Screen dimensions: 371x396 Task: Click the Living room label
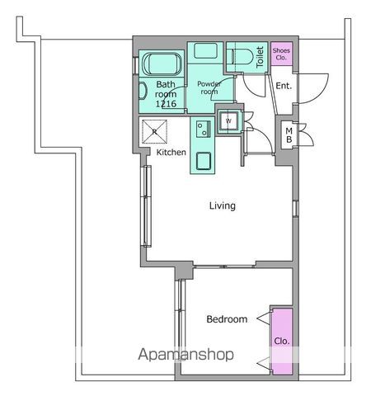click(x=223, y=205)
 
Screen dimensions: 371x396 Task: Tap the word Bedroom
click(x=227, y=319)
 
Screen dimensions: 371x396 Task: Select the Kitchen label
click(x=171, y=152)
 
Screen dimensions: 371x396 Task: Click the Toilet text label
click(x=260, y=57)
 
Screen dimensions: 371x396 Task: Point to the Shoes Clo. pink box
click(x=282, y=54)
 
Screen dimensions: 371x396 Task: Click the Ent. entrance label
click(x=284, y=86)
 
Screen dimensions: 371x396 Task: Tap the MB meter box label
click(x=289, y=135)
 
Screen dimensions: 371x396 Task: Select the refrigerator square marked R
click(x=154, y=132)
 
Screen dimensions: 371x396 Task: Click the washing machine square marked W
click(x=228, y=120)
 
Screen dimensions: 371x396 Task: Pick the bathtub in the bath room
click(x=162, y=64)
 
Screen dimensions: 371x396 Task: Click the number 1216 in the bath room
click(x=166, y=104)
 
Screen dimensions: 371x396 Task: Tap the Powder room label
click(x=209, y=87)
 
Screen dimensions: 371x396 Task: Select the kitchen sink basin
click(x=204, y=161)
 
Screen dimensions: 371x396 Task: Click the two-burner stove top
click(x=204, y=130)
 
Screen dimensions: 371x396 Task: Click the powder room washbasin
click(x=205, y=50)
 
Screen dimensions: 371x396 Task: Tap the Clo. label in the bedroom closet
click(x=282, y=342)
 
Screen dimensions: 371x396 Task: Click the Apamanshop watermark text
click(x=186, y=355)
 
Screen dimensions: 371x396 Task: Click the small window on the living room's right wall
click(x=295, y=209)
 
